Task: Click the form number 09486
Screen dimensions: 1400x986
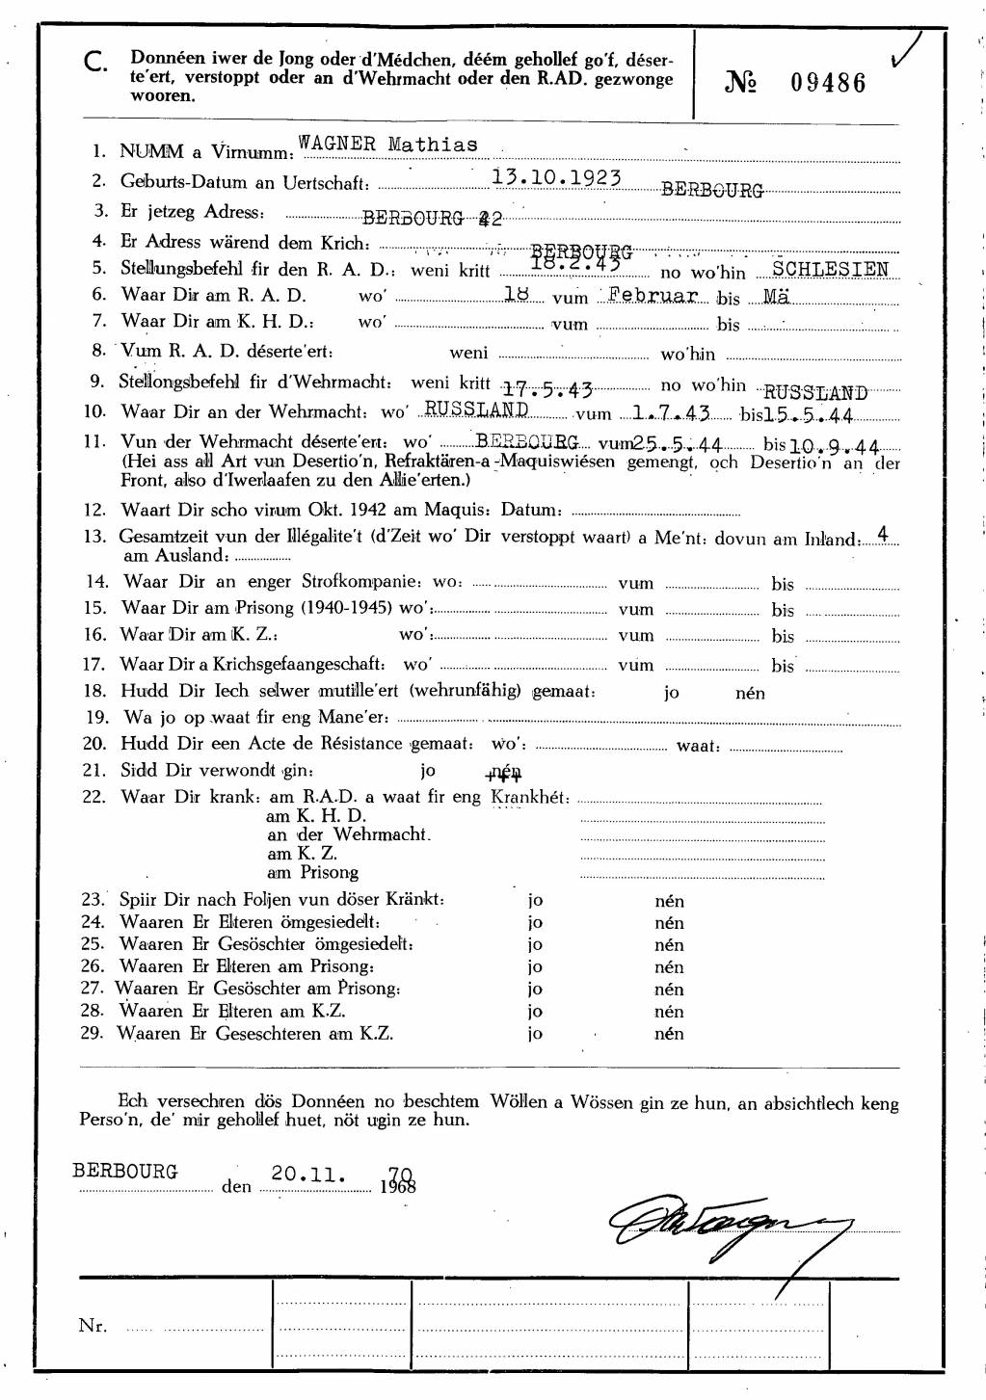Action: tap(828, 83)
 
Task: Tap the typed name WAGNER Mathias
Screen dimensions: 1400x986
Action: tap(387, 145)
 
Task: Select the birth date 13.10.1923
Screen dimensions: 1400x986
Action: tap(556, 177)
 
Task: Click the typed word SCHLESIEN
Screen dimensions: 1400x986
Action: tap(830, 269)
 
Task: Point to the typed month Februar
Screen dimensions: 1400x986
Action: tap(653, 295)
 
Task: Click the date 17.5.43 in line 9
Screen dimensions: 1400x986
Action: tap(547, 389)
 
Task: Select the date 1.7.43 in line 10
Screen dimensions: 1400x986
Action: tap(671, 413)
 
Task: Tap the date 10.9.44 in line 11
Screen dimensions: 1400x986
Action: tap(835, 447)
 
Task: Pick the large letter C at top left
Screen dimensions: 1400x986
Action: tap(94, 64)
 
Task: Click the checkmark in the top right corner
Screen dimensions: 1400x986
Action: tap(906, 50)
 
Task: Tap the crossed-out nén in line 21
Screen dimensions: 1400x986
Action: tap(504, 772)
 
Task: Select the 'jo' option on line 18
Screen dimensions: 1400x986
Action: tap(671, 693)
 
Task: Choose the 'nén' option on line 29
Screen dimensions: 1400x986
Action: tap(669, 1034)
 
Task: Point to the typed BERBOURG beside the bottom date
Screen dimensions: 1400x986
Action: tap(125, 1172)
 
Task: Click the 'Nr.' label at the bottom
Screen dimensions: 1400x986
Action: tap(93, 1326)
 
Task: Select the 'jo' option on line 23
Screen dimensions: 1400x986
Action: tap(535, 901)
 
